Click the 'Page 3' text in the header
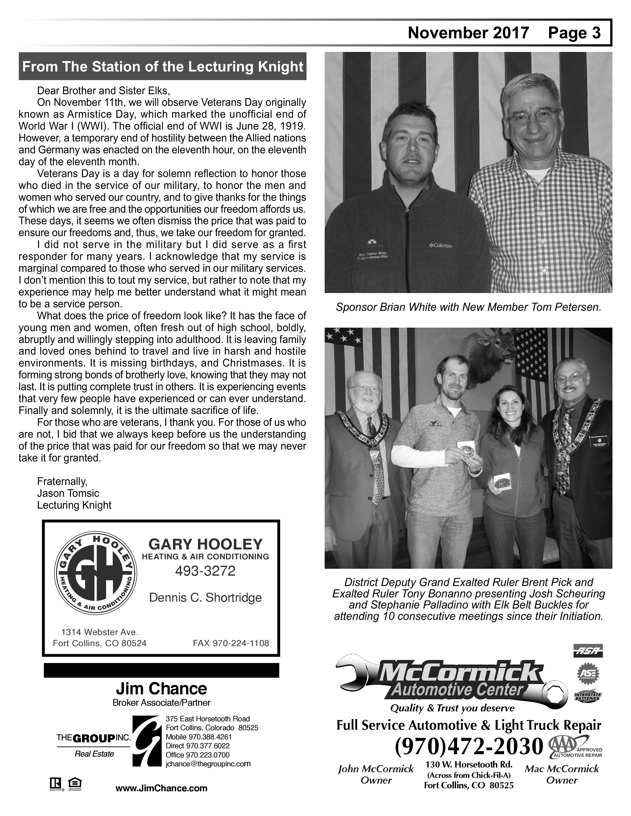point(574,33)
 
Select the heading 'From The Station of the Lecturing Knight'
point(163,67)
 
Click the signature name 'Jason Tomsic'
point(68,493)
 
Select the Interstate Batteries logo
point(588,696)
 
